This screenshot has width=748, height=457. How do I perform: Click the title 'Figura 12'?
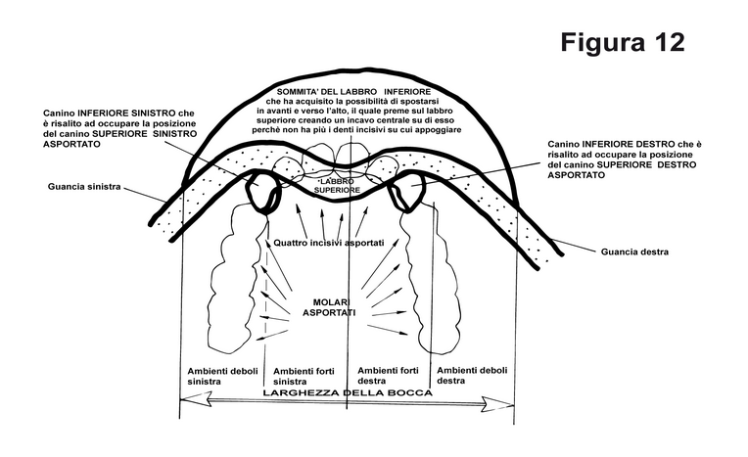pos(623,42)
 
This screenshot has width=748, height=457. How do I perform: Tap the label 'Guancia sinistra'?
pos(84,187)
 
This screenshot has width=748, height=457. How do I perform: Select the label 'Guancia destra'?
pos(634,251)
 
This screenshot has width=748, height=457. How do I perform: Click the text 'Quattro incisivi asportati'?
pos(329,243)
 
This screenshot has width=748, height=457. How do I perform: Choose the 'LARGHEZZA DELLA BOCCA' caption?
pos(348,393)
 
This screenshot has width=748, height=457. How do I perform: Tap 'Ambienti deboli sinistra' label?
pos(222,376)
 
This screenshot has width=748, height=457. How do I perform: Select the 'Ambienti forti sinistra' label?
pos(304,376)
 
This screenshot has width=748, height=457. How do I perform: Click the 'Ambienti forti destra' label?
pos(388,376)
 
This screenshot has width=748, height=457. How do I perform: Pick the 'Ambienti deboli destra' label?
pos(472,376)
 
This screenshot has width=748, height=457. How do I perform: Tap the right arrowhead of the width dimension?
pos(498,404)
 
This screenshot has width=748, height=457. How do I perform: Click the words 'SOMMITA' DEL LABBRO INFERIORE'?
pos(353,92)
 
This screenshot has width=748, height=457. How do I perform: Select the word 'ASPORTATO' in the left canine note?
pos(71,144)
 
